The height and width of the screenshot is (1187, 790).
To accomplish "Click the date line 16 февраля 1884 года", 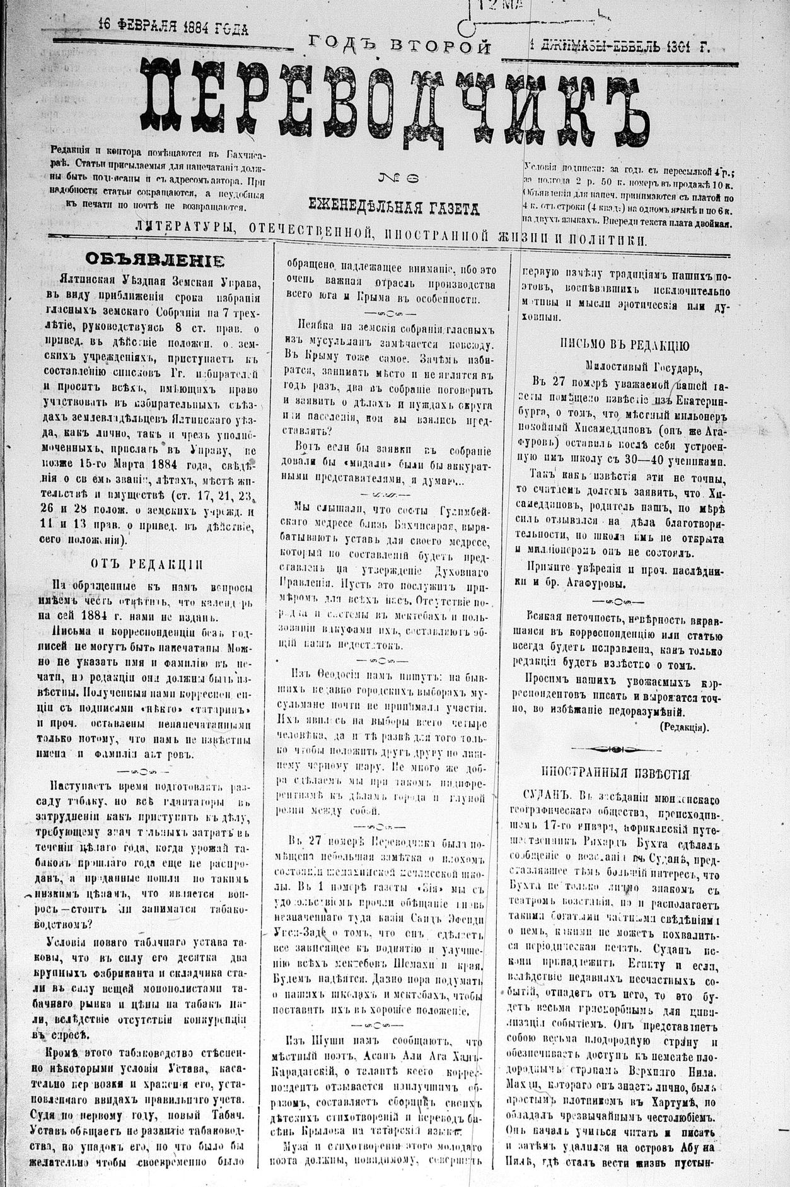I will pos(173,28).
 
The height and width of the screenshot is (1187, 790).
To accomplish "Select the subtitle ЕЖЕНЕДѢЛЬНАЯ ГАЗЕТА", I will pos(393,206).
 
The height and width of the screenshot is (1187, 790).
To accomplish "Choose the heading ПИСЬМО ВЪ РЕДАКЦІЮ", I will pos(624,345).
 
